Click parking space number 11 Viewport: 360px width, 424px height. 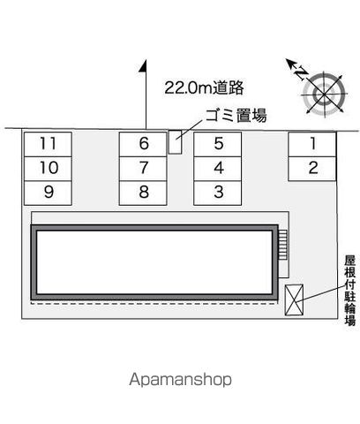48,144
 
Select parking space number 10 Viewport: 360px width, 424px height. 48,169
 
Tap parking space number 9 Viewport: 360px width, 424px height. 48,193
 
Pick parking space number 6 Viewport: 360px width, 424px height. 143,144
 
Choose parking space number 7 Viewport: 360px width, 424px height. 143,169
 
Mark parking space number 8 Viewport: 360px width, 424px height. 143,193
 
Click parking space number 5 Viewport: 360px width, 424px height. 218,144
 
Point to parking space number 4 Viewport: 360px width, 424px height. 218,169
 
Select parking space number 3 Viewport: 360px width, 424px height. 218,193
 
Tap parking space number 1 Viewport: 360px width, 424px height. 312,144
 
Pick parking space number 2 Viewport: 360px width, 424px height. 312,169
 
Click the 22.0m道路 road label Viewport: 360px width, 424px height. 204,87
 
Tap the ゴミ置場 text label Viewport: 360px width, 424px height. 236,115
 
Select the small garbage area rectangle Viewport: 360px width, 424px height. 175,142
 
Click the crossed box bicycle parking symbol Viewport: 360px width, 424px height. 294,299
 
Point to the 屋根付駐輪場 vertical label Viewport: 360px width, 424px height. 350,291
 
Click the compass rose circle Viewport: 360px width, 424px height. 324,95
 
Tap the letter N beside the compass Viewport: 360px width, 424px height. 301,73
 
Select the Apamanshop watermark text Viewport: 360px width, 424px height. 180,380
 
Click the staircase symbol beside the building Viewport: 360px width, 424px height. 282,245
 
